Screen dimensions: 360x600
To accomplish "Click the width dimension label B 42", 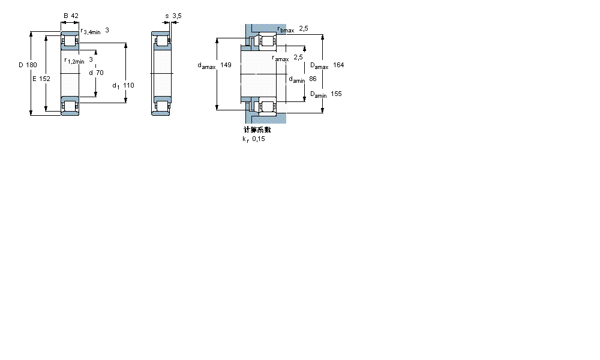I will pos(71,16).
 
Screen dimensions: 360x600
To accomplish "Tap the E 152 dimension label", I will pos(41,79).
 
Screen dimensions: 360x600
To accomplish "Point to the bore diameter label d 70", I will pos(95,73).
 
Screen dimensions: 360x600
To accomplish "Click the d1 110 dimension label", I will pos(123,85).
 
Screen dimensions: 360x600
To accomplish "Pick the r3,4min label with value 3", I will pos(94,31).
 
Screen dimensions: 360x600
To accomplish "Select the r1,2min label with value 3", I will pos(79,60).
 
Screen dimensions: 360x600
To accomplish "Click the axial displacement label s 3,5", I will pos(173,16).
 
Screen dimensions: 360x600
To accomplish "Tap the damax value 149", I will pos(226,65).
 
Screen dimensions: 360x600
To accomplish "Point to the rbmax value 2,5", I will pos(304,28).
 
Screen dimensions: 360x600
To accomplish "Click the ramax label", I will pos(280,59).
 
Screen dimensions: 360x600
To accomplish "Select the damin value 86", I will pos(313,79).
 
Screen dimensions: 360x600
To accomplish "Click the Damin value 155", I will pos(336,94).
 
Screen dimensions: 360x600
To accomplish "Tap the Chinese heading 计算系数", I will pos(257,130).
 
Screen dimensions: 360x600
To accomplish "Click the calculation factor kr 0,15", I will pos(253,139).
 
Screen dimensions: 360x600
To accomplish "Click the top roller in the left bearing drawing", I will pos(71,42).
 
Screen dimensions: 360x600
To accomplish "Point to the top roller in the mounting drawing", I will pos(266,41).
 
